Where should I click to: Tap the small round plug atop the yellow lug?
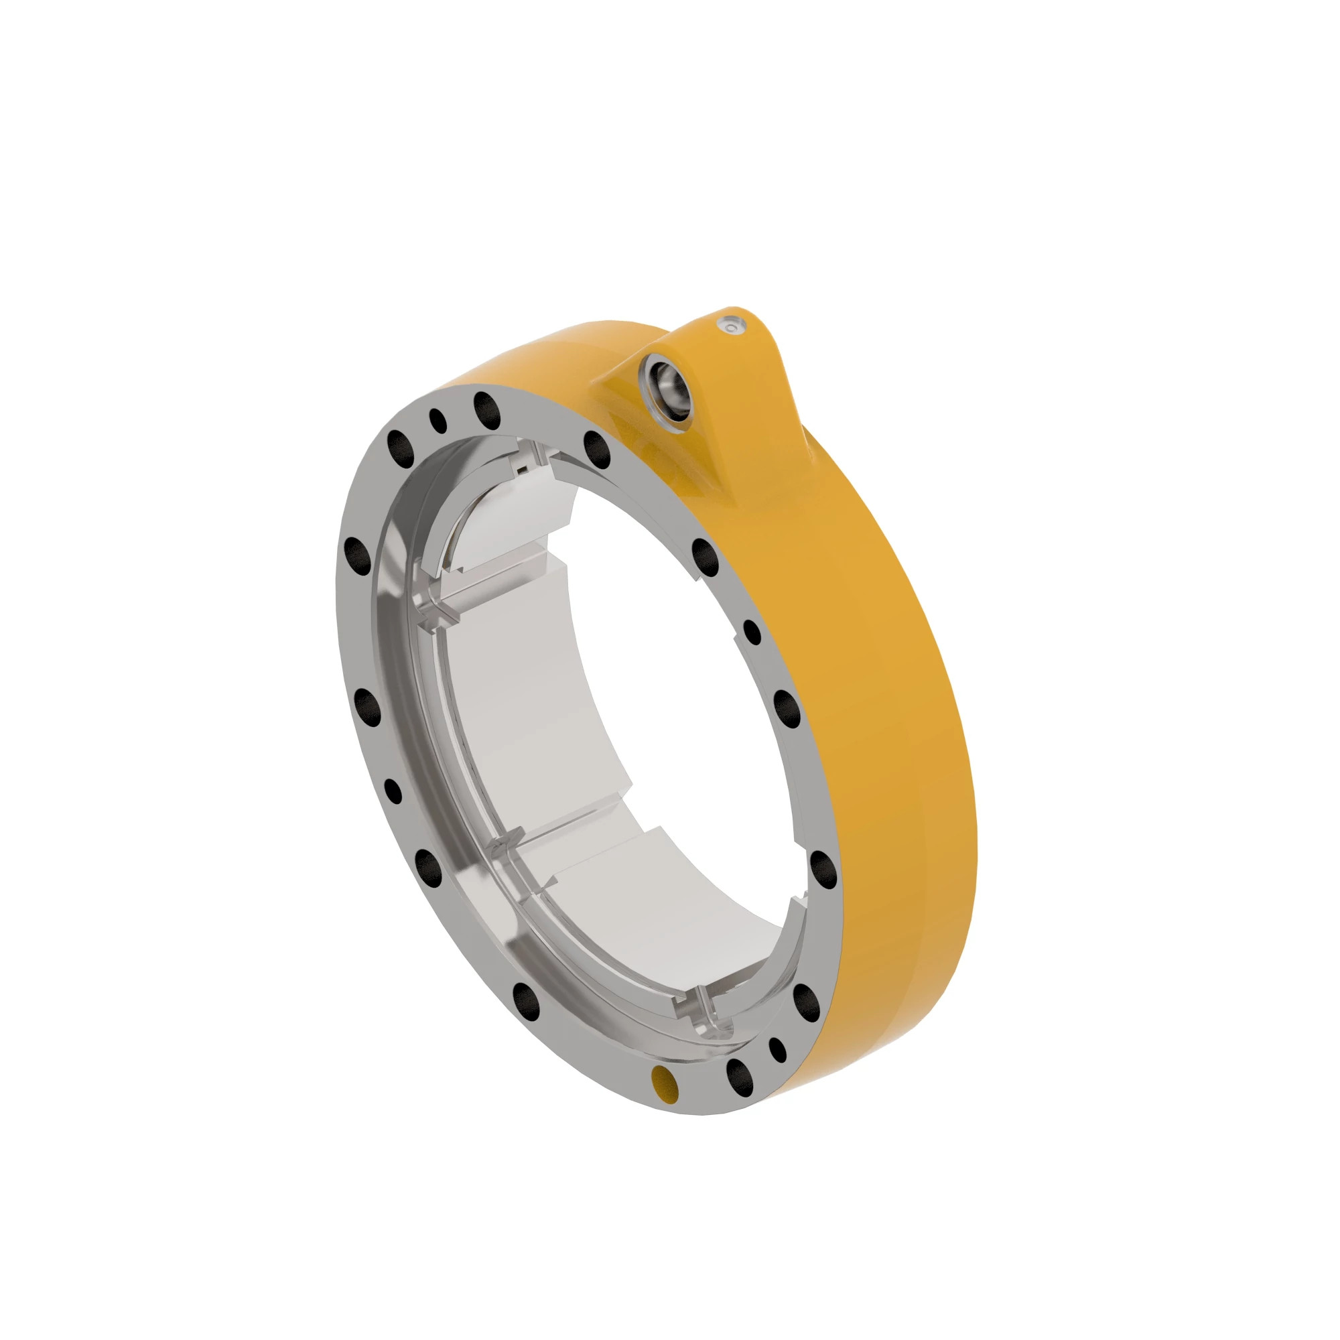[x=731, y=324]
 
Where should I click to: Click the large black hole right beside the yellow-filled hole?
[x=740, y=1077]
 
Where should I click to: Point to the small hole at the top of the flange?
[x=438, y=420]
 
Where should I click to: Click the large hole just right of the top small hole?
[x=487, y=410]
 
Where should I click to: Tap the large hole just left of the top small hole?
[x=401, y=450]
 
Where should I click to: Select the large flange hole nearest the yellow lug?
[x=597, y=449]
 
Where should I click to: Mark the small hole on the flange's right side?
[x=752, y=632]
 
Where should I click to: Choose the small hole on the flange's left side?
[x=393, y=791]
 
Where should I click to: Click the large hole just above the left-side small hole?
[x=368, y=708]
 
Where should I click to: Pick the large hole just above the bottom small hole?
[x=805, y=1000]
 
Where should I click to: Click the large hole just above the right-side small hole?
[x=706, y=557]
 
